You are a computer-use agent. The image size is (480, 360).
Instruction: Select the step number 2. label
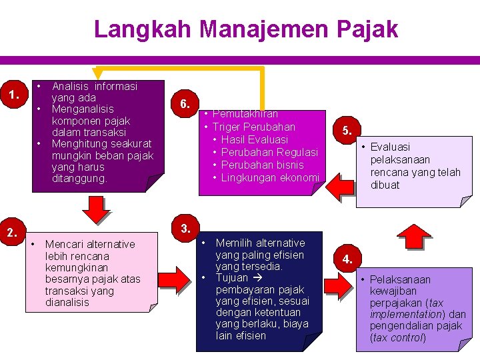click(x=13, y=233)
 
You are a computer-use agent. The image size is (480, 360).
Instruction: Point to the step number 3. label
click(x=186, y=229)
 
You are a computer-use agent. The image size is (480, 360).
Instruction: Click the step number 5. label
click(x=347, y=131)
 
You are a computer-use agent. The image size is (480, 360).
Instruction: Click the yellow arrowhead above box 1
click(x=98, y=71)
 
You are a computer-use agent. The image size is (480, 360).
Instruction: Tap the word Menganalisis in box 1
click(x=83, y=109)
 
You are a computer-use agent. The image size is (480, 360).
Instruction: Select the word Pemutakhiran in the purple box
click(x=245, y=114)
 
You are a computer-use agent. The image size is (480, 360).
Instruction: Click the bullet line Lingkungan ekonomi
click(x=269, y=177)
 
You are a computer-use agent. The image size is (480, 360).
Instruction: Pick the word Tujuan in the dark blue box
click(x=232, y=278)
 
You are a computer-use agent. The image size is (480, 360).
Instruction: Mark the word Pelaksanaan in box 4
click(x=400, y=280)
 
